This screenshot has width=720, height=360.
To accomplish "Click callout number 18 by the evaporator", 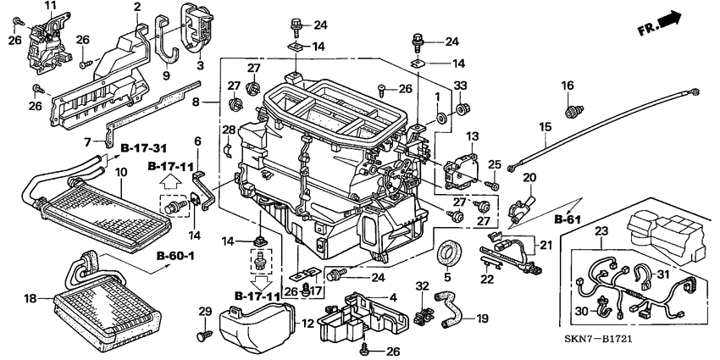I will click(30, 299).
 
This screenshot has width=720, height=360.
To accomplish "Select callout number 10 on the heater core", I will click(120, 173).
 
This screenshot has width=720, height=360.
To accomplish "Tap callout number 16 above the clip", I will click(567, 86).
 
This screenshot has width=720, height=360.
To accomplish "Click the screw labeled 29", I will click(202, 336).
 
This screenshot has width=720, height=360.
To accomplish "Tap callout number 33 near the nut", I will click(461, 85).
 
